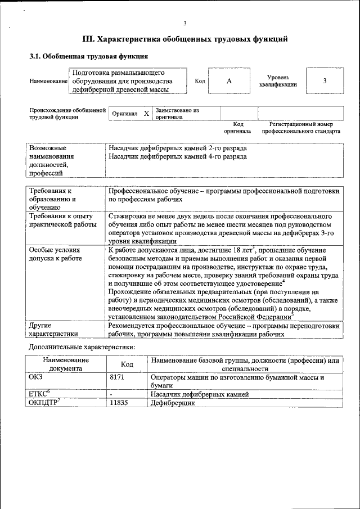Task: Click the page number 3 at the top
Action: [x=185, y=23]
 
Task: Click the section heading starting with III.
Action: [x=185, y=39]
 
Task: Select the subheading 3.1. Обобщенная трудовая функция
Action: [x=89, y=56]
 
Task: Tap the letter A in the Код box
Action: [x=229, y=81]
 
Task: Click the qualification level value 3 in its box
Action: [x=325, y=81]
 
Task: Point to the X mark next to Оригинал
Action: [x=146, y=114]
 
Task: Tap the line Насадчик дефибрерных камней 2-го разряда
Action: [x=177, y=148]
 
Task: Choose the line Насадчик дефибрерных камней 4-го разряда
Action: [x=177, y=156]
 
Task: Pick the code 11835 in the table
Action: [x=119, y=403]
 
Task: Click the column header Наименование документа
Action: [x=65, y=364]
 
